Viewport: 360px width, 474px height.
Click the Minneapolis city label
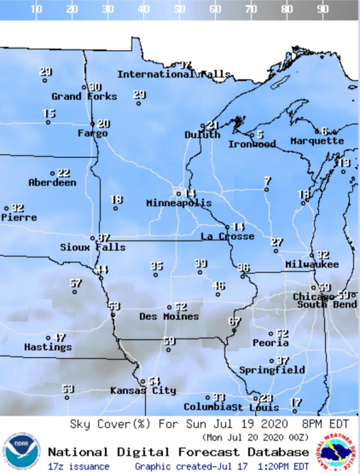coord(178,203)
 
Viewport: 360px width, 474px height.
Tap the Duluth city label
coord(202,135)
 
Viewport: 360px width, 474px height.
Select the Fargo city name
coord(93,134)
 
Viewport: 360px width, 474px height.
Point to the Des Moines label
coord(169,317)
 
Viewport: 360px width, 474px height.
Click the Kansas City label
coord(143,391)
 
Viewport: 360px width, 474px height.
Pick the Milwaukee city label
coord(312,264)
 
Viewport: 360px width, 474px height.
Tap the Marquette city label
coord(317,141)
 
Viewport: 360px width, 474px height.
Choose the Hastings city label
coord(48,348)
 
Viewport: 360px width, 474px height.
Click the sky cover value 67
coord(235,321)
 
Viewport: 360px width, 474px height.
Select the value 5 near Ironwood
coord(260,135)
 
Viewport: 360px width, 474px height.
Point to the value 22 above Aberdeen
coord(63,173)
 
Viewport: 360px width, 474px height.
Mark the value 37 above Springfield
coord(282,361)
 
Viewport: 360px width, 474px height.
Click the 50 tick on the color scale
coord(179,9)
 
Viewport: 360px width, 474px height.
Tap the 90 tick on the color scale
coord(323,9)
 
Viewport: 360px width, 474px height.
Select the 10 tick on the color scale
coord(36,9)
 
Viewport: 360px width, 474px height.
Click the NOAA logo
coord(21,451)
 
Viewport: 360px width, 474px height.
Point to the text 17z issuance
coord(78,466)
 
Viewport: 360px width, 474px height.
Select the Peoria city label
coord(271,342)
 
